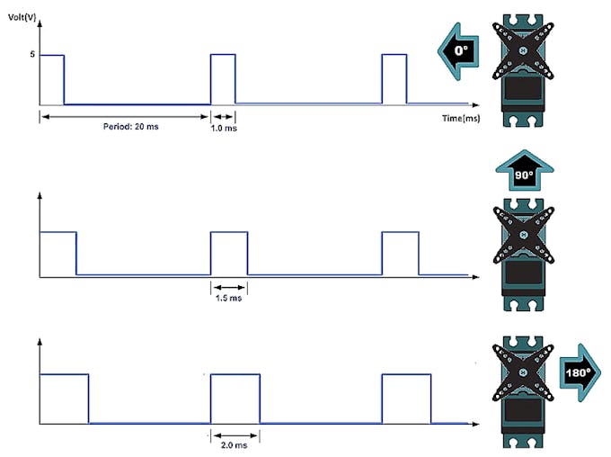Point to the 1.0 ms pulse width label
coord(224,128)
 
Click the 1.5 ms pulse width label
coord(228,299)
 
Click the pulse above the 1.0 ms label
coord(223,79)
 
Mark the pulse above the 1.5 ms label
coord(228,253)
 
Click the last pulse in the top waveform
coord(394,79)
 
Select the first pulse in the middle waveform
coord(58,253)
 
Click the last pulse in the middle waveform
coord(400,253)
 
